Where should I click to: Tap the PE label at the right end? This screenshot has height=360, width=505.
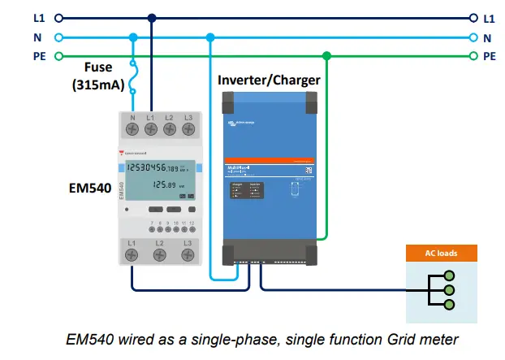coord(489,56)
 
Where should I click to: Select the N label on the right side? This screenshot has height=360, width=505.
coord(487,37)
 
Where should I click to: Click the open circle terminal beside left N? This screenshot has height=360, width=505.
coord(59,37)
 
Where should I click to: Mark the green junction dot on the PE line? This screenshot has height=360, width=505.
coord(326,56)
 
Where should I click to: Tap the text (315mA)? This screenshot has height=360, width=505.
coord(98,85)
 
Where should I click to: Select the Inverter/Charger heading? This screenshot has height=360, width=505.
coord(269,80)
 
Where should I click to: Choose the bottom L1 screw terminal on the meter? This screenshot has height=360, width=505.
coord(133,255)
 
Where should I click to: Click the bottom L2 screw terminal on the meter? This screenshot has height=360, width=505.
coord(160,255)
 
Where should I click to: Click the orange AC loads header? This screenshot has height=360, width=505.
coord(442,254)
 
